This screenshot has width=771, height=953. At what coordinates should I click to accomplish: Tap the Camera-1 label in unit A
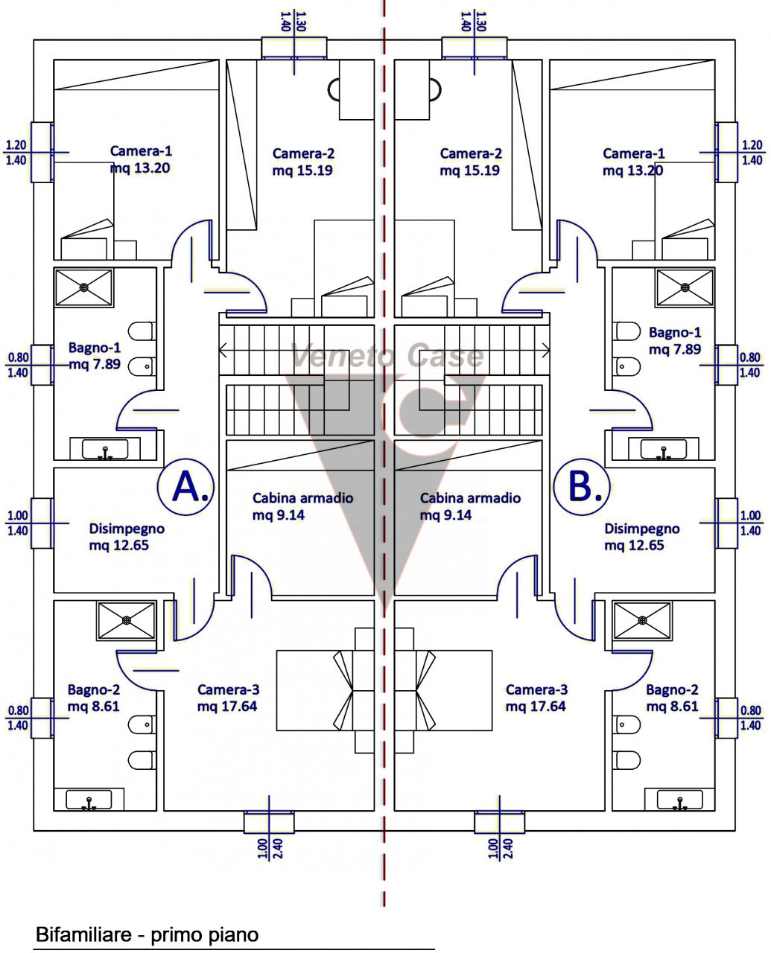(141, 159)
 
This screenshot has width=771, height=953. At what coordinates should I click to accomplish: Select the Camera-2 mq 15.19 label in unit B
(471, 162)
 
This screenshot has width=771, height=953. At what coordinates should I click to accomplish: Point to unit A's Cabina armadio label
(302, 506)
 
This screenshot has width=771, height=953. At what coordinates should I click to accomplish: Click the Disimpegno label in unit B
(641, 537)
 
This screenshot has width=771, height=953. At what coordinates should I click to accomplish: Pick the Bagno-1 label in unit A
(95, 356)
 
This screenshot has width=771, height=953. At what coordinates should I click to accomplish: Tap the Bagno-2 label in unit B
(673, 698)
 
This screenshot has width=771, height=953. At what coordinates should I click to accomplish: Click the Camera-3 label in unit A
(228, 698)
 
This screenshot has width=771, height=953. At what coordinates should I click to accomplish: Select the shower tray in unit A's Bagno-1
(84, 287)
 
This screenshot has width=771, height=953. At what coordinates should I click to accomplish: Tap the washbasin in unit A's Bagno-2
(89, 801)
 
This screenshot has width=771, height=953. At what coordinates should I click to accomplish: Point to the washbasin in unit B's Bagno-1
(664, 450)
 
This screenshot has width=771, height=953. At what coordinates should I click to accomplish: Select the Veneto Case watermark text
(387, 357)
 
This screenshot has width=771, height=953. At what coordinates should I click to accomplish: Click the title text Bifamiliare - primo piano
(147, 934)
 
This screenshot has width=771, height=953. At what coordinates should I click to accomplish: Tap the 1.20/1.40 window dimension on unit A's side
(17, 153)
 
